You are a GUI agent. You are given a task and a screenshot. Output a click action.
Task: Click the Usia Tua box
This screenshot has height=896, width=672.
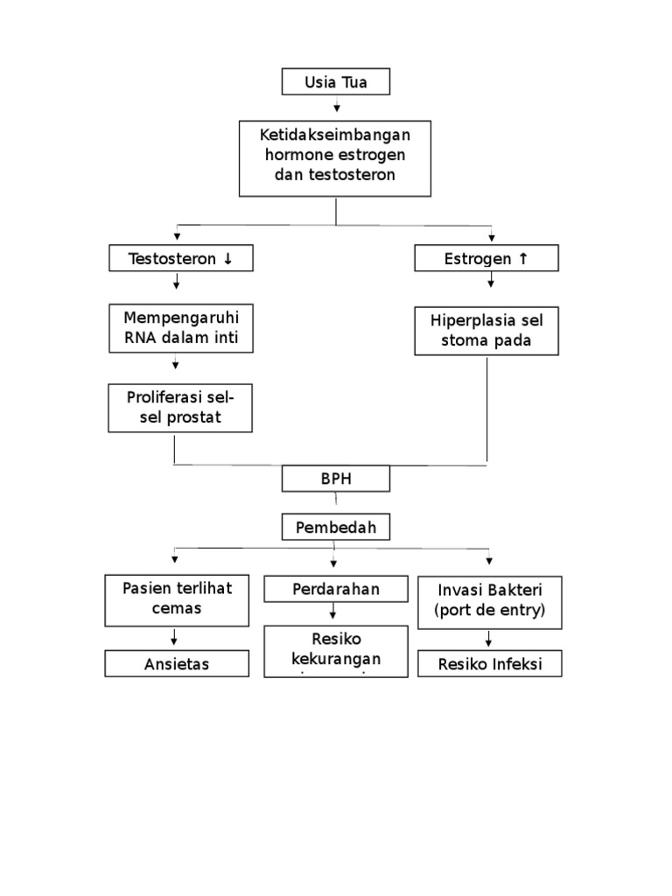pyautogui.click(x=335, y=82)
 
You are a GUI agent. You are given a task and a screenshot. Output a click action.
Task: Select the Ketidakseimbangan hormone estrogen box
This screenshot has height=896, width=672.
pyautogui.click(x=335, y=158)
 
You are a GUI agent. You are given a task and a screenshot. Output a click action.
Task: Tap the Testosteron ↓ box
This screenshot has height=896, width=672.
pyautogui.click(x=179, y=258)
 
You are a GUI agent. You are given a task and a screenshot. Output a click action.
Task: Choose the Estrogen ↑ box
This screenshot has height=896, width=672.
pyautogui.click(x=486, y=258)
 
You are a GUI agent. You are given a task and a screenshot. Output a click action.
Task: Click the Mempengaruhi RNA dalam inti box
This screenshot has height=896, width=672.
pyautogui.click(x=179, y=328)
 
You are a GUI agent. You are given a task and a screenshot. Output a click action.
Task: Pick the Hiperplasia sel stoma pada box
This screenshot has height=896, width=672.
pyautogui.click(x=486, y=331)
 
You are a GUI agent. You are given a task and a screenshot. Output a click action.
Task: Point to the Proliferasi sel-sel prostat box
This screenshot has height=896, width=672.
pyautogui.click(x=179, y=408)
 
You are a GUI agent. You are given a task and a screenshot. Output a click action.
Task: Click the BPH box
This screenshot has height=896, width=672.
pyautogui.click(x=335, y=479)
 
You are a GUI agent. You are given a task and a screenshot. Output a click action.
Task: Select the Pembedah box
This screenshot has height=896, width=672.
pyautogui.click(x=335, y=528)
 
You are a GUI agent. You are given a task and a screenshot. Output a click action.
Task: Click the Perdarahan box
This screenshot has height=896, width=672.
pyautogui.click(x=336, y=589)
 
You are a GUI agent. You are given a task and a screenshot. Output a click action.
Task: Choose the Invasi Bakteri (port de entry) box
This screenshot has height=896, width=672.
pyautogui.click(x=488, y=601)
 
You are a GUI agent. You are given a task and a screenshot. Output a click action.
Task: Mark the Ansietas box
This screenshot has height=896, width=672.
pyautogui.click(x=176, y=664)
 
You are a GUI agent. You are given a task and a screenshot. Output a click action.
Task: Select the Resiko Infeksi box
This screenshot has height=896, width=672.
pyautogui.click(x=488, y=664)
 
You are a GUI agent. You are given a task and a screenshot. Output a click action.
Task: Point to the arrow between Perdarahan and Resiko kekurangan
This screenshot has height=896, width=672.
pyautogui.click(x=333, y=612)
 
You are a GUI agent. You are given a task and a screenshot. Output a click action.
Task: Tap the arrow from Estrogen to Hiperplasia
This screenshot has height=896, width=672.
pyautogui.click(x=491, y=280)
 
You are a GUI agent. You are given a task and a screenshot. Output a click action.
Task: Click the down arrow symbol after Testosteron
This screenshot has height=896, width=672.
pyautogui.click(x=227, y=259)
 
